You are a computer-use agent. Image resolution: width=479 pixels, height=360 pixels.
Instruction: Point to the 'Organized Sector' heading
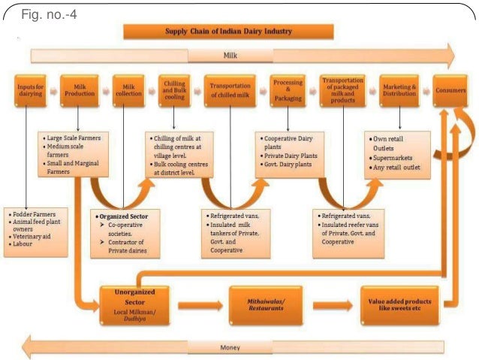click(123, 216)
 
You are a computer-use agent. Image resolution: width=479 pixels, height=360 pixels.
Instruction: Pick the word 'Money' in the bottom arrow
click(230, 348)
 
